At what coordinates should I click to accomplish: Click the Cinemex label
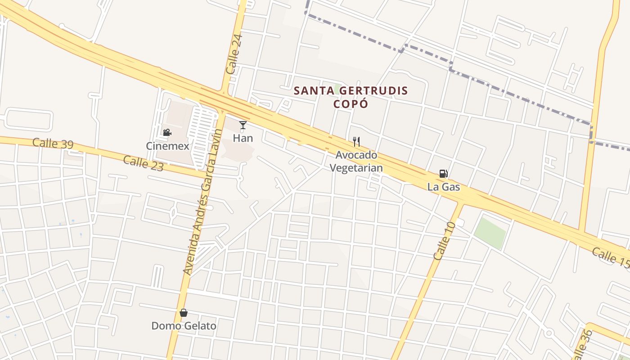point(167,146)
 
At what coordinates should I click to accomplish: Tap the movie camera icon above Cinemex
point(167,132)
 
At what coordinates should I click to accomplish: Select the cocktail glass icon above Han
point(243,125)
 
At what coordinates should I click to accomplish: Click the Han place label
point(243,138)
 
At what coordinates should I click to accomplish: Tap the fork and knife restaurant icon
point(356,142)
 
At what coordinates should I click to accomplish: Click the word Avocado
point(356,155)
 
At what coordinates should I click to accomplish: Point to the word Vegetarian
point(356,168)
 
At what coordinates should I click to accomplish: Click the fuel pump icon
point(444,174)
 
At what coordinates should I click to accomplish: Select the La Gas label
point(444,187)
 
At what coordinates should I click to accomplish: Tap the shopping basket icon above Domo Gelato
point(184,313)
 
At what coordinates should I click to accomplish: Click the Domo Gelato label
point(184,326)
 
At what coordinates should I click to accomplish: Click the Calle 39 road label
point(53,144)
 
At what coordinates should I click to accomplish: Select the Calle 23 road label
point(143,162)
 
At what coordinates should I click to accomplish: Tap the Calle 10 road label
point(445,241)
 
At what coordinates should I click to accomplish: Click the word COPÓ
point(351,104)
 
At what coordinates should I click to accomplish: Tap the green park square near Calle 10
point(490,233)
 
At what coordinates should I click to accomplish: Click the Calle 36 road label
point(581,344)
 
